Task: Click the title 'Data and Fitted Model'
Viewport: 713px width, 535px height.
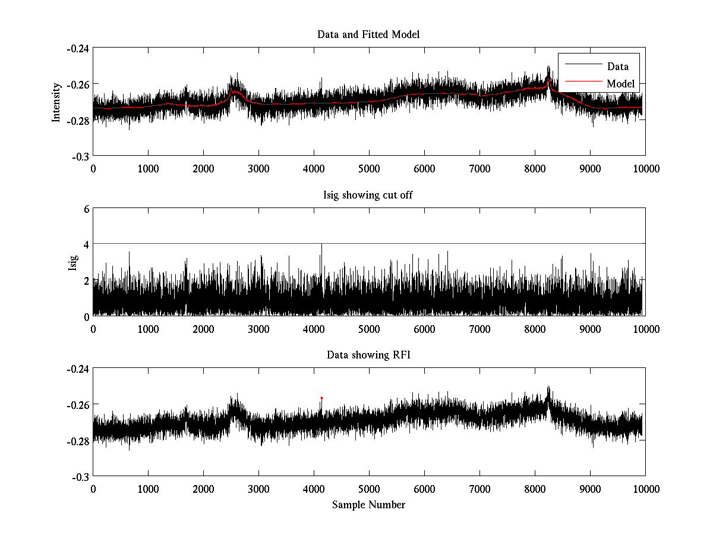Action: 368,34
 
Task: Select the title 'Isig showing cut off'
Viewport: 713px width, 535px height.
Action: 368,195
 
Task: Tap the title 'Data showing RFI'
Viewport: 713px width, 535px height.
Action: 368,355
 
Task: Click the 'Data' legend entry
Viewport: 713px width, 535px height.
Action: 617,67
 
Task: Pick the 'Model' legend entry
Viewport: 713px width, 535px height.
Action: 620,84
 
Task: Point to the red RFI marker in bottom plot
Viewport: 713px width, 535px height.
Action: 321,398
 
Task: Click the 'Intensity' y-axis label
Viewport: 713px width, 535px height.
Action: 56,102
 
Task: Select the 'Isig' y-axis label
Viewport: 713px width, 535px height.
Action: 73,262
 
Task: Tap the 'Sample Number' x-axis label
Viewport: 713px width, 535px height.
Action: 368,505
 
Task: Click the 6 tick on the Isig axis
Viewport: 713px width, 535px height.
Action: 86,209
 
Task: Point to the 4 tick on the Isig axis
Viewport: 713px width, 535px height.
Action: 86,244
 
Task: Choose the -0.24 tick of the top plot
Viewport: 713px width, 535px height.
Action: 77,48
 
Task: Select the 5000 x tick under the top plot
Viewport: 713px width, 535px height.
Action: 369,169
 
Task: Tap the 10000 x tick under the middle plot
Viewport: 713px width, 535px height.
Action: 645,329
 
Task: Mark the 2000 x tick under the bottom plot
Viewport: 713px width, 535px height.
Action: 203,489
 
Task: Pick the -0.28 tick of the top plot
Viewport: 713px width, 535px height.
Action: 77,120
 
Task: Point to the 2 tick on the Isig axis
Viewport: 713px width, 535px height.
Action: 86,280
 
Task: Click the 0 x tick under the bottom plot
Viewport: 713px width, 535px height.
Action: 93,489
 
